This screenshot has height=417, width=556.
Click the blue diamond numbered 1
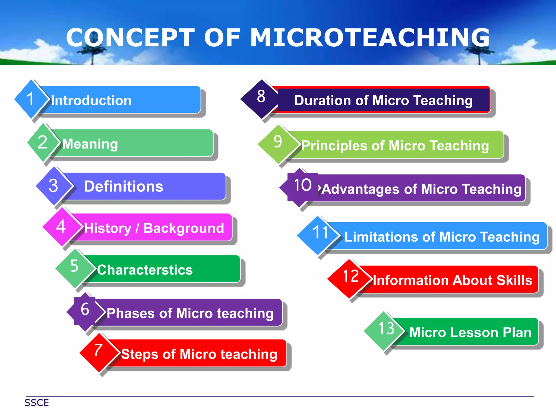point(31,99)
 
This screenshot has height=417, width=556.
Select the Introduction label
point(91,100)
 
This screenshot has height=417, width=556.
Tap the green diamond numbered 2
point(43,142)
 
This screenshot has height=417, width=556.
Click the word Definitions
point(124,187)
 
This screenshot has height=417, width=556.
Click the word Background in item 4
point(184,228)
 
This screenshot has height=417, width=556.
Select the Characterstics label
point(145,270)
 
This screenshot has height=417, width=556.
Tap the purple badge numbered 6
point(85,310)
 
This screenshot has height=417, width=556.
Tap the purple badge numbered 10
point(302,186)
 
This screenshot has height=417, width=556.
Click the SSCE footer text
point(37,403)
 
